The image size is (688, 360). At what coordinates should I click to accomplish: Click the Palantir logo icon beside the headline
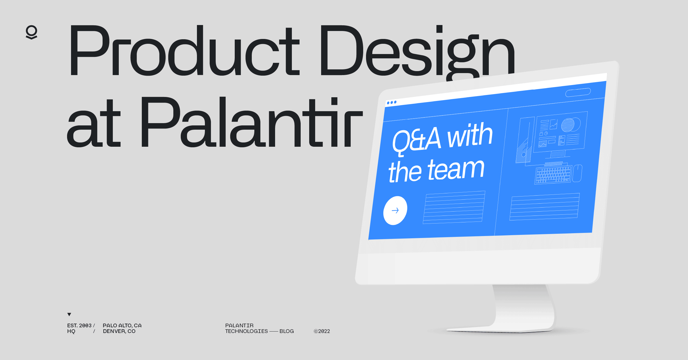pos(32,32)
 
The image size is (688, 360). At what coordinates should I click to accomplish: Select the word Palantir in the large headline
pos(251,122)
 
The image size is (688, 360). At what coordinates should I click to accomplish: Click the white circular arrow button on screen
pos(395,210)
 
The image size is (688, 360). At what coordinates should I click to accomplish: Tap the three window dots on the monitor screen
pos(392,102)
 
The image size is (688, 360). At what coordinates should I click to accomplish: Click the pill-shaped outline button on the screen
pos(578,92)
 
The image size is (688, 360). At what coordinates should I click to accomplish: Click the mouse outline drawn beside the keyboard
pos(577,173)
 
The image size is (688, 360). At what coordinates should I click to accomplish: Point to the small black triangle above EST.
pos(69,314)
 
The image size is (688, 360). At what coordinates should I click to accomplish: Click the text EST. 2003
pos(79,325)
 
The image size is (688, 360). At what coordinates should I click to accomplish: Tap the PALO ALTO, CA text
pos(122,325)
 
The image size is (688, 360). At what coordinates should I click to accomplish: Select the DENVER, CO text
pos(119,331)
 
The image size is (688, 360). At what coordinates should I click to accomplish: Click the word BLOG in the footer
pos(286,331)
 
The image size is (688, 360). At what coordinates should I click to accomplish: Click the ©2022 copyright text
pos(322,331)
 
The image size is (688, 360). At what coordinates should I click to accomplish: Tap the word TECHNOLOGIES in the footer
pos(246,331)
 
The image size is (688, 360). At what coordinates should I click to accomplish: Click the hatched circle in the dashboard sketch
pos(568,125)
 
